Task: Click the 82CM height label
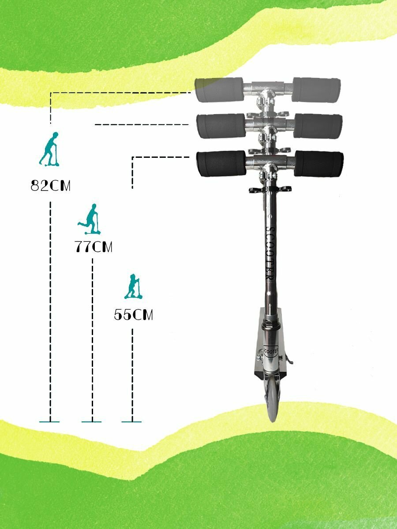click(x=51, y=186)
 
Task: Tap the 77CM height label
click(x=94, y=247)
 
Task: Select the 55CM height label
click(x=133, y=315)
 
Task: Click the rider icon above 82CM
click(x=50, y=149)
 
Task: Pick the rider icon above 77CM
click(x=90, y=219)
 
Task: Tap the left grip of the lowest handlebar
click(x=221, y=164)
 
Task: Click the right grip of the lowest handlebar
click(x=318, y=164)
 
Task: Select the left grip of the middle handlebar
click(x=221, y=126)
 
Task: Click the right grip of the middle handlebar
click(x=318, y=126)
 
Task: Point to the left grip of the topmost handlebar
click(x=219, y=90)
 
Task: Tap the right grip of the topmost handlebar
click(x=316, y=90)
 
